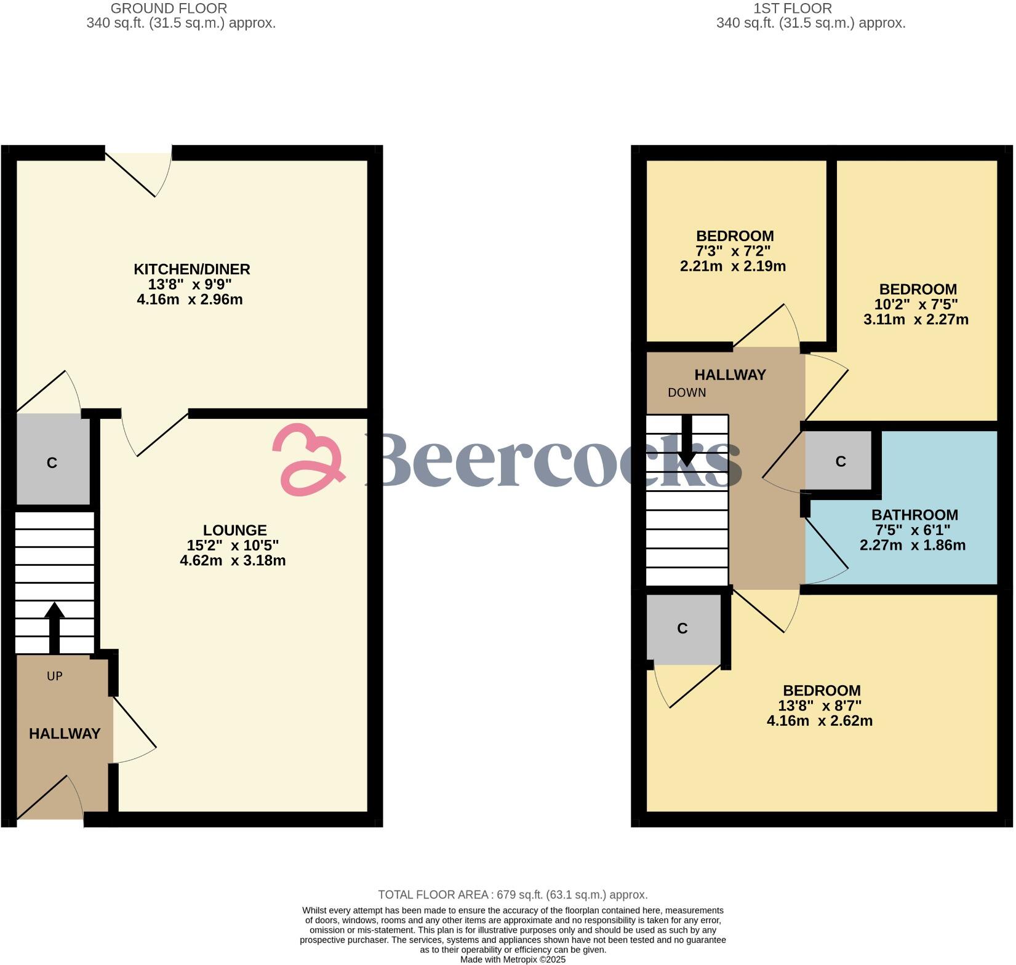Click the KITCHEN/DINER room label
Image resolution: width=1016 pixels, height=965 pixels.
coord(192,269)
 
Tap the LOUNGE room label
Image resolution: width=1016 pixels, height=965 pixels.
coord(234,530)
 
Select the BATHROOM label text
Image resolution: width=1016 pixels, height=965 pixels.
coord(914,515)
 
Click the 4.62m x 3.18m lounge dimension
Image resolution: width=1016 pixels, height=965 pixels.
coord(233,560)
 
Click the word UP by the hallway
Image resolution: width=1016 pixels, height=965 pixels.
coord(55,676)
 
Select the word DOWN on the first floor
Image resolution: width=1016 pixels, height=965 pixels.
coord(687,392)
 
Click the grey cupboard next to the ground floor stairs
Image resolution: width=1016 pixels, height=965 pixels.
coord(52,462)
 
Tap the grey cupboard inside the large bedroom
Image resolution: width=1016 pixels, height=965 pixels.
coord(682,628)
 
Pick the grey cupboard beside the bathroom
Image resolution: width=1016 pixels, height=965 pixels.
coord(841,461)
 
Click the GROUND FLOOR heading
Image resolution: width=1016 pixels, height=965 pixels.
coord(169,9)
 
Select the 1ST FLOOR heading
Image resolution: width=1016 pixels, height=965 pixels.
coord(793,9)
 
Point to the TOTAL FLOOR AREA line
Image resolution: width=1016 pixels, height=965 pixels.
coord(513,895)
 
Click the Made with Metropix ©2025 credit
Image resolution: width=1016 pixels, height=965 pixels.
coord(513,959)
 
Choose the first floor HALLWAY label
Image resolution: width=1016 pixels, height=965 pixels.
coord(730,375)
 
